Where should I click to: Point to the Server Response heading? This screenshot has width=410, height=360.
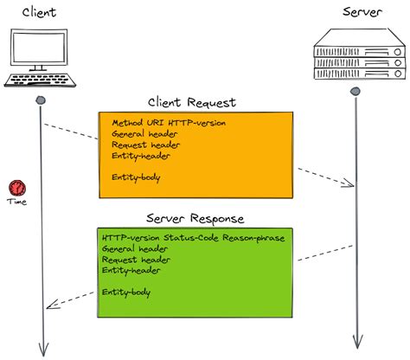click(x=195, y=219)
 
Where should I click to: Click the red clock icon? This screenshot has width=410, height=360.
click(x=16, y=187)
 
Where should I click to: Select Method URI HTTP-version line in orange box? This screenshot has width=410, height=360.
click(x=169, y=123)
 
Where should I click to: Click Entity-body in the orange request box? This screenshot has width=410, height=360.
click(x=136, y=177)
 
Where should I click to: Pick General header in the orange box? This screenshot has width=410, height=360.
click(x=144, y=134)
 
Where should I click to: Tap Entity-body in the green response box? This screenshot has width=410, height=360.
click(x=126, y=292)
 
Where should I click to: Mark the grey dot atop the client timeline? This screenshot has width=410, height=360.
click(x=40, y=100)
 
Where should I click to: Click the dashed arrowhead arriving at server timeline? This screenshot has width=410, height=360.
click(x=349, y=183)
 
